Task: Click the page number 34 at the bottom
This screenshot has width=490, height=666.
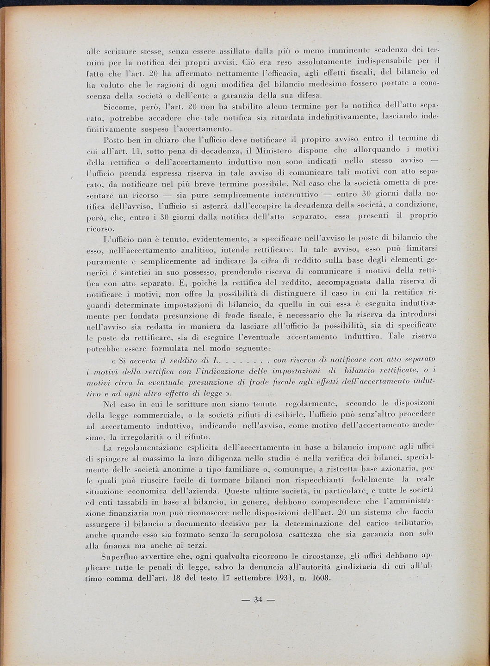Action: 258,600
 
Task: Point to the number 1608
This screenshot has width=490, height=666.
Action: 316,578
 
